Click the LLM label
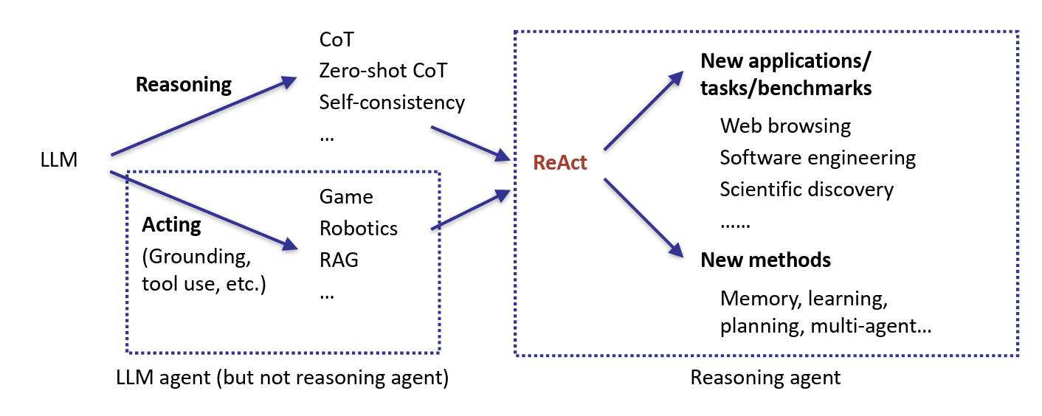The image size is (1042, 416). [x=60, y=159]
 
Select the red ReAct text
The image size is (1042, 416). [x=560, y=162]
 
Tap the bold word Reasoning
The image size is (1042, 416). [x=183, y=85]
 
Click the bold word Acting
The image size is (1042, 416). [x=171, y=224]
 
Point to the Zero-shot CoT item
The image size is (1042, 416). [x=383, y=71]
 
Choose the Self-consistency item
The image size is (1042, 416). [x=392, y=103]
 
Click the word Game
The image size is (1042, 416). [x=346, y=197]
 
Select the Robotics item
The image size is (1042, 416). [x=358, y=229]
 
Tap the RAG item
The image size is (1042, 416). [x=339, y=260]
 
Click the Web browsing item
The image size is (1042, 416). [x=785, y=126]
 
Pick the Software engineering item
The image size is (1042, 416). [x=818, y=158]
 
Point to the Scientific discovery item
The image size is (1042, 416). [x=807, y=190]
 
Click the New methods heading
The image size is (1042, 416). [x=765, y=260]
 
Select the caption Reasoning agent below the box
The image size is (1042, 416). [x=765, y=378]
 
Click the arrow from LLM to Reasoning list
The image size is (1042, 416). [x=199, y=118]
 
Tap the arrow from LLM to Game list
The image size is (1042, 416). [x=199, y=209]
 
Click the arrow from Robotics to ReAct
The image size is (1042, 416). [x=470, y=210]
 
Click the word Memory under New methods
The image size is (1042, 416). [x=759, y=299]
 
